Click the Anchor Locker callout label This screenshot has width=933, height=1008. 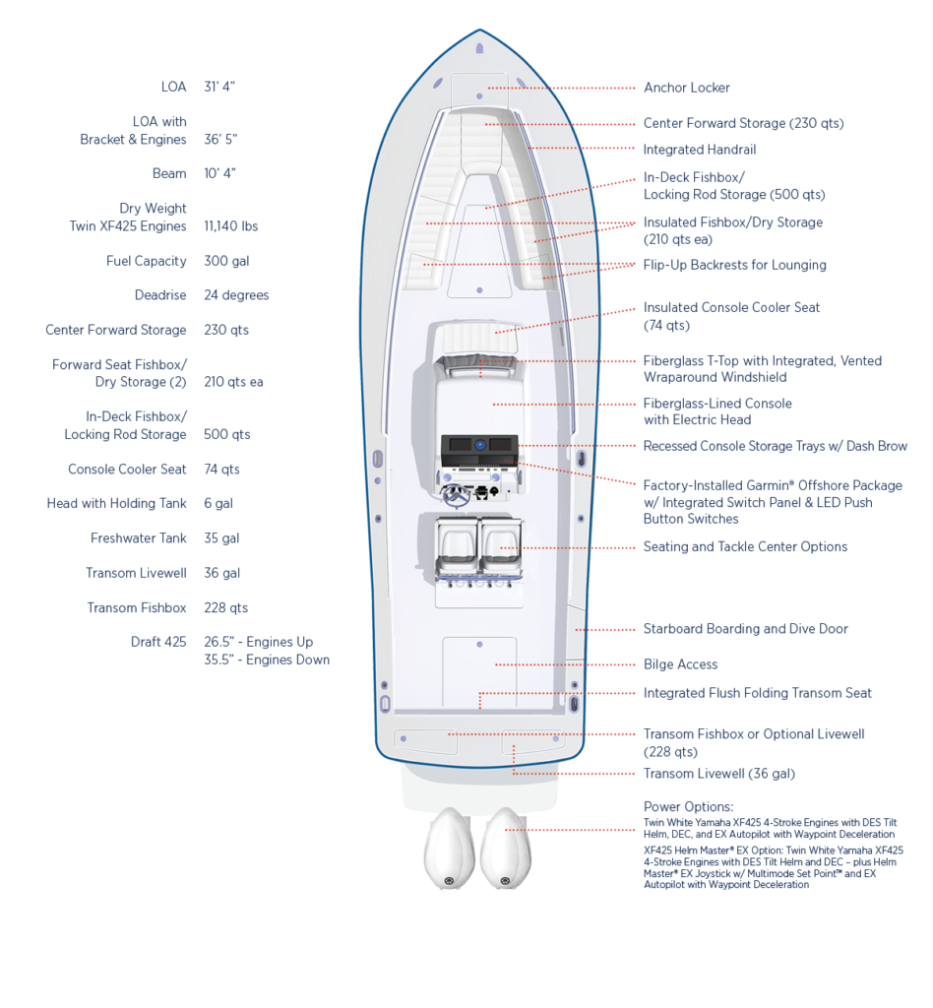pyautogui.click(x=686, y=88)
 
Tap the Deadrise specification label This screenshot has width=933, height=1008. pyautogui.click(x=160, y=295)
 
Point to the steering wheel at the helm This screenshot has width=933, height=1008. pyautogui.click(x=456, y=494)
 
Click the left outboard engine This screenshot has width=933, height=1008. pyautogui.click(x=449, y=849)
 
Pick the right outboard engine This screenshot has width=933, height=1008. pyautogui.click(x=506, y=849)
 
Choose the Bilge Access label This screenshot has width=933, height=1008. pyautogui.click(x=680, y=664)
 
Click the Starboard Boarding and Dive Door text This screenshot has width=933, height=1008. pyautogui.click(x=745, y=629)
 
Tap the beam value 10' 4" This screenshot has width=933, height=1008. pyautogui.click(x=219, y=173)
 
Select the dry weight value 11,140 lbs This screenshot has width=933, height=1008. pyautogui.click(x=230, y=226)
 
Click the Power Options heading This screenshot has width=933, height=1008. pyautogui.click(x=688, y=807)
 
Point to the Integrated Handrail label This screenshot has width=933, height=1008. pyautogui.click(x=700, y=150)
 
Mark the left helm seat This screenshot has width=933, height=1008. pyautogui.click(x=456, y=546)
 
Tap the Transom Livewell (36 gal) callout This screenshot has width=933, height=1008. pyautogui.click(x=719, y=774)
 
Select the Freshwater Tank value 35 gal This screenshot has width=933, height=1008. pyautogui.click(x=221, y=538)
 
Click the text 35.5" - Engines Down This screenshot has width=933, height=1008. pyautogui.click(x=267, y=660)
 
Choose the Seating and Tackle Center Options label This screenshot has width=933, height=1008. pyautogui.click(x=745, y=547)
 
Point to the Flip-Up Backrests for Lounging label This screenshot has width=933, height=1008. pyautogui.click(x=734, y=265)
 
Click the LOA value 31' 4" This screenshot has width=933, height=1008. pyautogui.click(x=219, y=87)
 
